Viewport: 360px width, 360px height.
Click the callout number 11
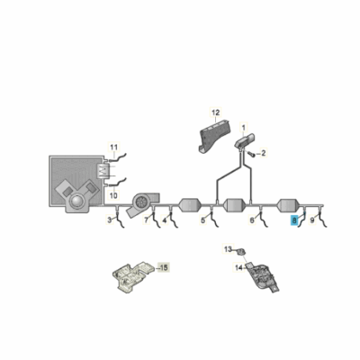tap(114, 146)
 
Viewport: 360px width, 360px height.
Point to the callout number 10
tap(114, 195)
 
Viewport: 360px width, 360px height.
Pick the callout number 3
tap(110, 220)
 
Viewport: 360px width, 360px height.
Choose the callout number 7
tap(146, 220)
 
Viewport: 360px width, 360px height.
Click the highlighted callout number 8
tap(294, 219)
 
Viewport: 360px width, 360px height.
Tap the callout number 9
tap(311, 219)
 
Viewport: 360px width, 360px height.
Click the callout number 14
tap(239, 267)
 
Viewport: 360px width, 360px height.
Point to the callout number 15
tap(163, 268)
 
